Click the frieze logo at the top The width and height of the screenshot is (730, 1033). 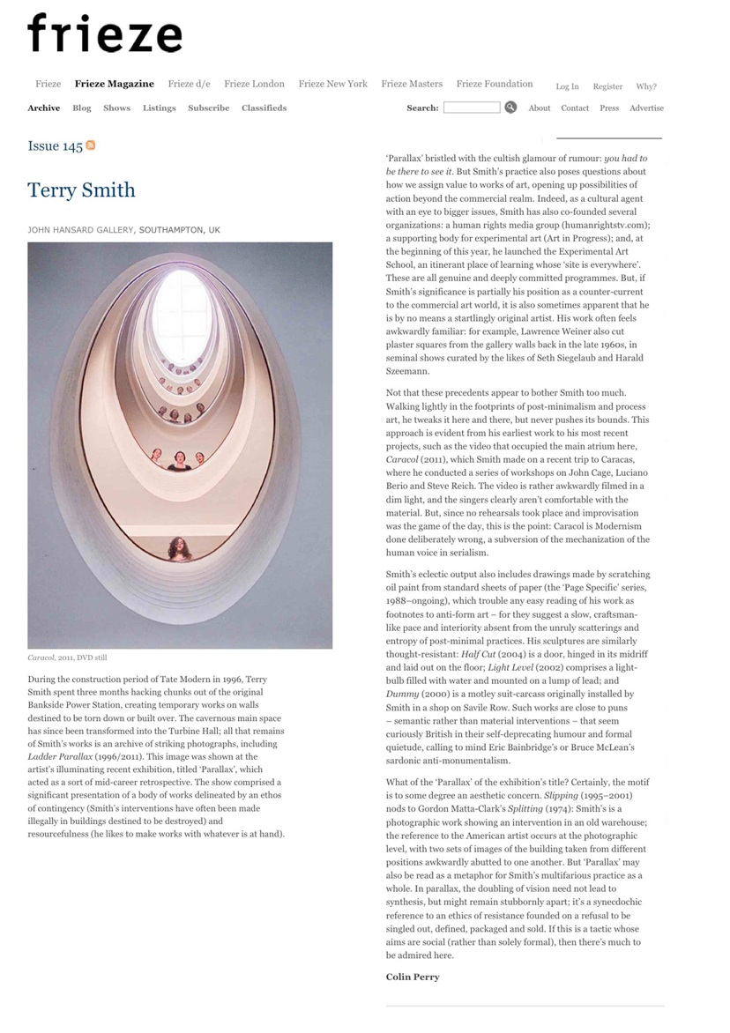coord(104,33)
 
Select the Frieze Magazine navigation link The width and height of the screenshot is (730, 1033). coord(114,84)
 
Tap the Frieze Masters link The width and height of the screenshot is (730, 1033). coord(412,84)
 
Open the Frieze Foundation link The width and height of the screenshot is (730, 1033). coord(494,84)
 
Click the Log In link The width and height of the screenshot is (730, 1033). coord(567,86)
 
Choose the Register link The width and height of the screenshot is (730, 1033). coord(607,86)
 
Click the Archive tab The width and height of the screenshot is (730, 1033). coord(44,108)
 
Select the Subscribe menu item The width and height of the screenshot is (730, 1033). coord(208,108)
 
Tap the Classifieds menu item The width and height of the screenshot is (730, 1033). coord(264,108)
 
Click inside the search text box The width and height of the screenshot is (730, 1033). coord(471,108)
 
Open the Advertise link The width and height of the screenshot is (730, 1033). coord(646,108)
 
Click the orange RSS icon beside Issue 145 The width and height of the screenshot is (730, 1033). coord(91,145)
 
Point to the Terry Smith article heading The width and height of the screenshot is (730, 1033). coord(81,190)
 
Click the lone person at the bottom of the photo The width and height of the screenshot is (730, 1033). coord(180,548)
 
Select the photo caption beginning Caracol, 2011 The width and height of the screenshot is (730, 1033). coord(67,658)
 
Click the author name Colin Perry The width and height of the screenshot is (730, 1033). coord(413,977)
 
